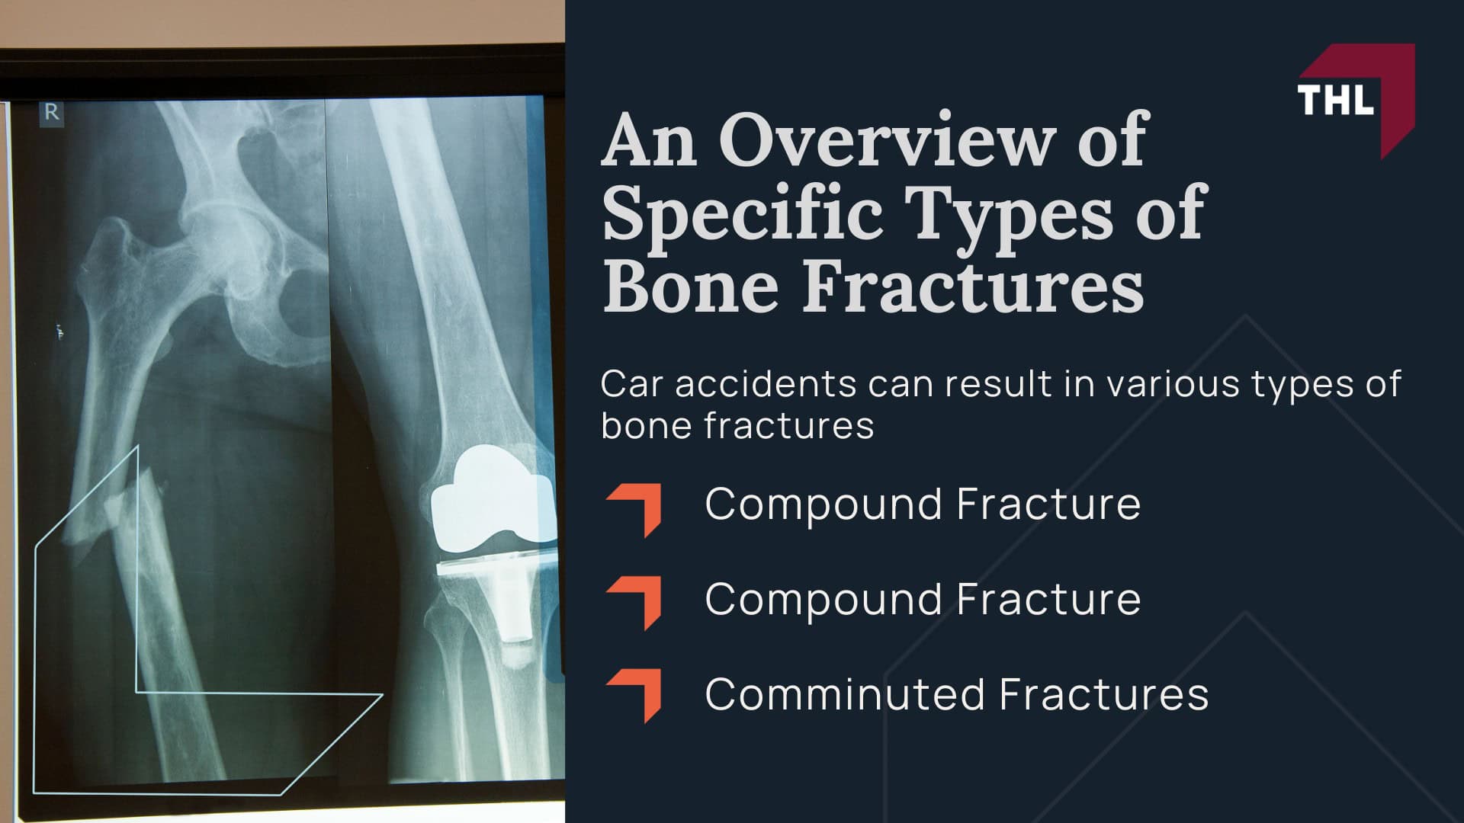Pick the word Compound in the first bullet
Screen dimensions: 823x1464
823,504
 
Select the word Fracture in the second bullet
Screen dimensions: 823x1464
1048,599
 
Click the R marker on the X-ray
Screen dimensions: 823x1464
52,113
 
